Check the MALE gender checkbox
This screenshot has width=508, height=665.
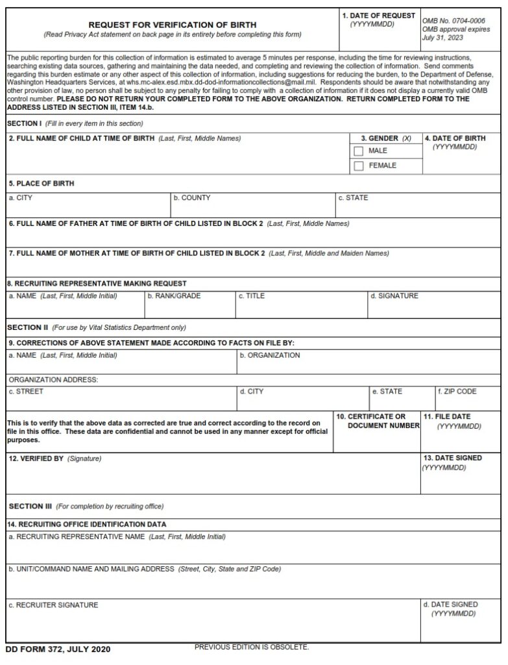point(359,151)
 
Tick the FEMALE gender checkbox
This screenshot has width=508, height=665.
point(359,166)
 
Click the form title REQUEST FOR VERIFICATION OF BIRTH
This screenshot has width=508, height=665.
point(173,25)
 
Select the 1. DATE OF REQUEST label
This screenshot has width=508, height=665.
point(379,16)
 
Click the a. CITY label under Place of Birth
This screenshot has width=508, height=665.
point(20,198)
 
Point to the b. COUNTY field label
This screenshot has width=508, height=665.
point(191,198)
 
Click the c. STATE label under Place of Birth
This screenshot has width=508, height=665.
point(353,198)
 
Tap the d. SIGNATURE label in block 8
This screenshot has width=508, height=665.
point(394,296)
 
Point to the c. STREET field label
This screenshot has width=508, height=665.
point(26,392)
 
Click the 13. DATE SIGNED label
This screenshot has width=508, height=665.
point(452,458)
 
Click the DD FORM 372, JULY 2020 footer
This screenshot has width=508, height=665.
point(58,649)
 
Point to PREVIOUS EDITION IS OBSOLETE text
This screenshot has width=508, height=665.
point(252,647)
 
